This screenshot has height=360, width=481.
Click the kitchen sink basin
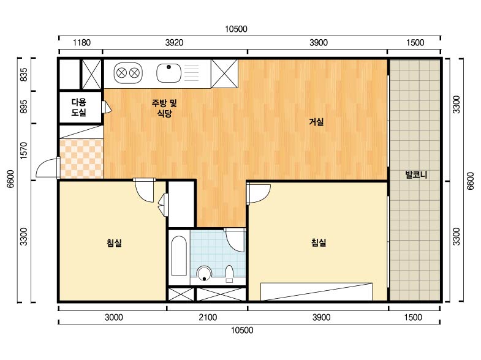[x=169, y=73]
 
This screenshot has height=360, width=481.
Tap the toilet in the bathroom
[x=229, y=274]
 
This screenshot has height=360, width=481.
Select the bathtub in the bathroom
[x=179, y=256]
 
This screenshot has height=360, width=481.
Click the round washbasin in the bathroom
[x=204, y=273]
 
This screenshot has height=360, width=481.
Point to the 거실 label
[x=316, y=122]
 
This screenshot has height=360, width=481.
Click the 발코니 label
[x=416, y=175]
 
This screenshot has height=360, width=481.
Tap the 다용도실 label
[x=79, y=107]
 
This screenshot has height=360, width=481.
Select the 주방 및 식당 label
[x=164, y=108]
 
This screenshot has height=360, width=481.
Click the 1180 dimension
[x=81, y=43]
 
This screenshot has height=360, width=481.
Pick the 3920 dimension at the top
[x=174, y=43]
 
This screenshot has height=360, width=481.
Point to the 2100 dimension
[x=208, y=317]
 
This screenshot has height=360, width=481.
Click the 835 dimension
[x=24, y=75]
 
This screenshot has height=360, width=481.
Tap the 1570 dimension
[x=24, y=151]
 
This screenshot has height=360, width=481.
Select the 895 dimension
[x=24, y=107]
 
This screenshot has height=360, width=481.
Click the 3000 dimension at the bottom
[x=114, y=317]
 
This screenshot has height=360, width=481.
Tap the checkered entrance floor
[x=81, y=159]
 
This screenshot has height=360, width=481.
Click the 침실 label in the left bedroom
[x=114, y=243]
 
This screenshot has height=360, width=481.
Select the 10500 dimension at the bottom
[x=242, y=330]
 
